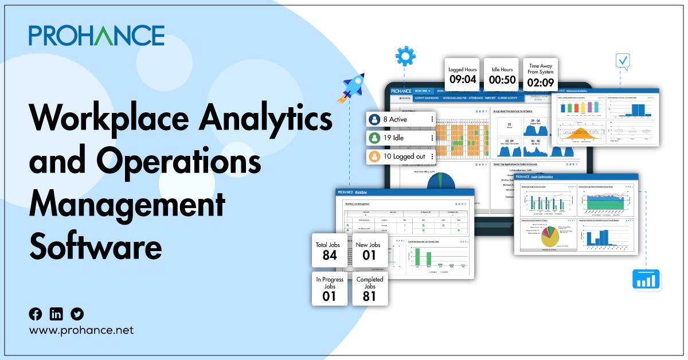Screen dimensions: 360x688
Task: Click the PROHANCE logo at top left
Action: click(96, 35)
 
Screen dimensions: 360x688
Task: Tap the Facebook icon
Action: click(36, 314)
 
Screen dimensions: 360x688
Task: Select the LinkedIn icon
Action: click(56, 314)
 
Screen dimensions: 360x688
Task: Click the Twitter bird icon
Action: click(77, 314)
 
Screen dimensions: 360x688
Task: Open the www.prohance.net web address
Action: click(81, 330)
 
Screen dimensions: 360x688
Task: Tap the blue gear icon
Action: click(405, 57)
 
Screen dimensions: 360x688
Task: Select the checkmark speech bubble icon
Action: click(621, 61)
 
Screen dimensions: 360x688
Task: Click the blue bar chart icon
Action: click(646, 279)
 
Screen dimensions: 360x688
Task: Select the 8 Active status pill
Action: click(401, 119)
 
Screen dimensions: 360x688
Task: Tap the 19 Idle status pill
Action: click(401, 138)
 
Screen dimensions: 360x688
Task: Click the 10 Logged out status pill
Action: click(401, 156)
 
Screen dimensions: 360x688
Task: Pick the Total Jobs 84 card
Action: click(329, 251)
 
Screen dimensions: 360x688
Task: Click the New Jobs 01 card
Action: click(370, 251)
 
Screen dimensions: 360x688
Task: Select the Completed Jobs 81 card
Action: click(370, 288)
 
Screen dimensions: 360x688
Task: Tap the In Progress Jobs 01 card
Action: click(329, 288)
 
